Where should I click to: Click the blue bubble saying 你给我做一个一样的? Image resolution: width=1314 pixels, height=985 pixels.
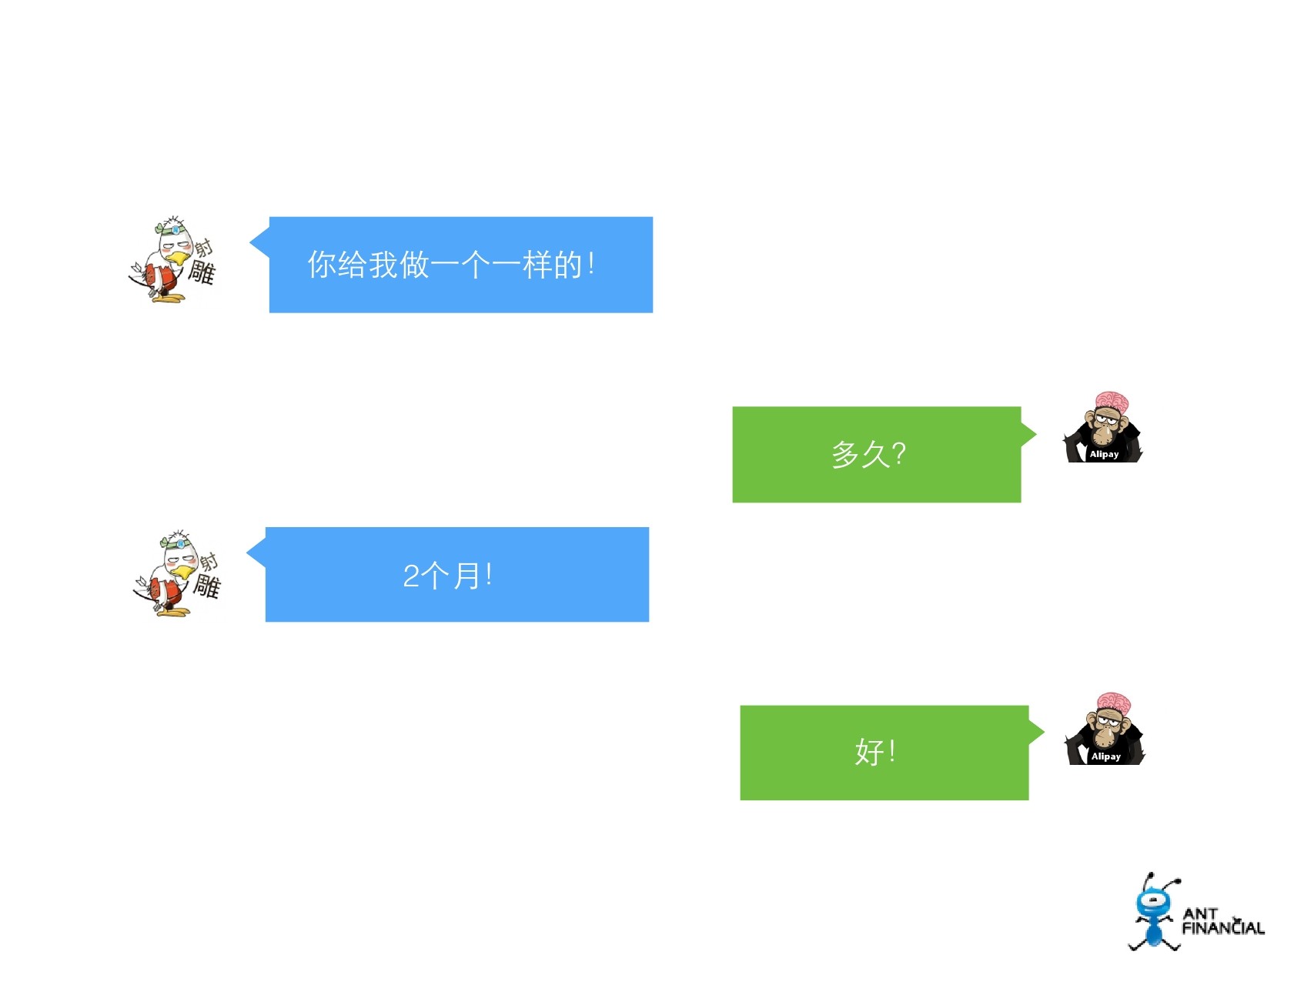460,265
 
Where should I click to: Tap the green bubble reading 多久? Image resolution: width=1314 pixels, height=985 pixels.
876,454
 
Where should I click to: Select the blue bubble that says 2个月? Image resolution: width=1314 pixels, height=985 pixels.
456,575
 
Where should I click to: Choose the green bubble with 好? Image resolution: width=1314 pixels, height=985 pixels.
884,753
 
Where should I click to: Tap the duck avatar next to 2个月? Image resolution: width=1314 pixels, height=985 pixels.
177,573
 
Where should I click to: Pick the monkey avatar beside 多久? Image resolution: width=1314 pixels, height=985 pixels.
1103,429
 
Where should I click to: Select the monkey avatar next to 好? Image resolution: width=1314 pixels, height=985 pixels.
1105,730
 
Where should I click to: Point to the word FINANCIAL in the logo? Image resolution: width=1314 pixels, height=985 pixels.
1223,928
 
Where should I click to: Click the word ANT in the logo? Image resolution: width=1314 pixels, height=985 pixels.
1200,913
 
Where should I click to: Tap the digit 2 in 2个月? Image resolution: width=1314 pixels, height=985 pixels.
411,576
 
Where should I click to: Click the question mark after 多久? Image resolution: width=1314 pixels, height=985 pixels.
898,454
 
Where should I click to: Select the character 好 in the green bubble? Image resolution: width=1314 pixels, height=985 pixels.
869,752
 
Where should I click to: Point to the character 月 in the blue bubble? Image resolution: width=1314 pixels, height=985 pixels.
466,576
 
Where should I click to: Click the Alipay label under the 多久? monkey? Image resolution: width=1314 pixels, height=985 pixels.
1104,454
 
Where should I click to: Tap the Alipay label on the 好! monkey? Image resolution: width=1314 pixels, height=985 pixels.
1106,756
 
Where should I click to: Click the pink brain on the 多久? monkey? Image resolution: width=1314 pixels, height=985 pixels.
1112,401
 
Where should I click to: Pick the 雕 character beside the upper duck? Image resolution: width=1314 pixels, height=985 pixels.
202,272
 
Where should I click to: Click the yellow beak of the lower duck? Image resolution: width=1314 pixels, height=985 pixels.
182,571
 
